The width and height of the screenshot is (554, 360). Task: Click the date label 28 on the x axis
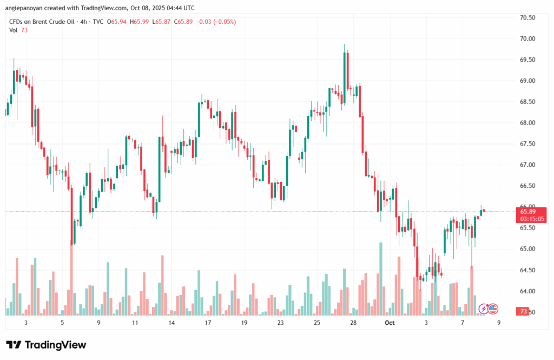[353, 323]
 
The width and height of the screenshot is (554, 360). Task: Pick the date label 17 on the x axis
[207, 323]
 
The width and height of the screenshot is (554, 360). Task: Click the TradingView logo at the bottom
[46, 345]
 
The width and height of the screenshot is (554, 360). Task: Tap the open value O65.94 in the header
[117, 22]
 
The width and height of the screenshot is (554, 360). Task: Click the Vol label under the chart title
[14, 30]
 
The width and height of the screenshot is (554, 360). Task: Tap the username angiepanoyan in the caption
[25, 8]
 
